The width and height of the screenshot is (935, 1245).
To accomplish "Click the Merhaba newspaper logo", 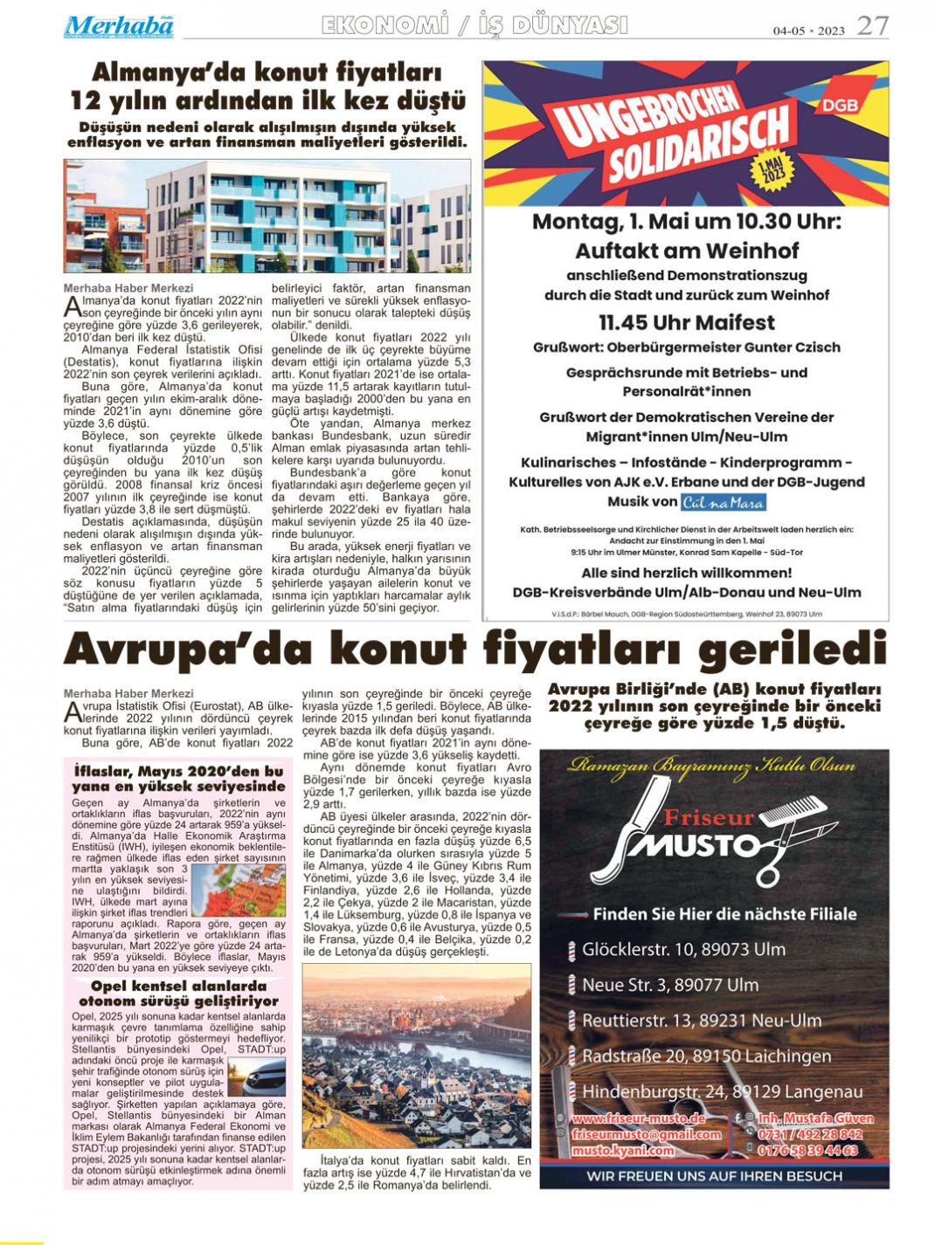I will coord(118,26).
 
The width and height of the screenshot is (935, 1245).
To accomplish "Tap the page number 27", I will coord(872,26).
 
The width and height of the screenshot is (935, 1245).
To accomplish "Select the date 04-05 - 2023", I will coord(808,31).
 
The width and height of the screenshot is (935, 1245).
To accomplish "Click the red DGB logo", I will coord(840,106).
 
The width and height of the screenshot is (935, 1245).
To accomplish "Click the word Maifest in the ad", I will coord(734,322).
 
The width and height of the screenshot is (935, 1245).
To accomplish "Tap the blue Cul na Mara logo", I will coord(724,502).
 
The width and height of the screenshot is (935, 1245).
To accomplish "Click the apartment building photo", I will coord(267,217).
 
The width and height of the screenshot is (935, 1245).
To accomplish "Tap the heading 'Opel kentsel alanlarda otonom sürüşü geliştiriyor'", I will coord(178,994).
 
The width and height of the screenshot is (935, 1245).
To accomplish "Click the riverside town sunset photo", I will coord(416,1056).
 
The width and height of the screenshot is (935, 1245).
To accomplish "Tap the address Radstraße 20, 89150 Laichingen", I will coord(706,1056).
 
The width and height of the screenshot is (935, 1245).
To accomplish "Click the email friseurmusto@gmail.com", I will coord(646,1135).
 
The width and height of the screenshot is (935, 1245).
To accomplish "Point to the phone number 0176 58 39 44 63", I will coord(809,1150).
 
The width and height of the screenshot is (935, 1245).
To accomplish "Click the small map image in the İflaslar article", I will coord(238,889).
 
